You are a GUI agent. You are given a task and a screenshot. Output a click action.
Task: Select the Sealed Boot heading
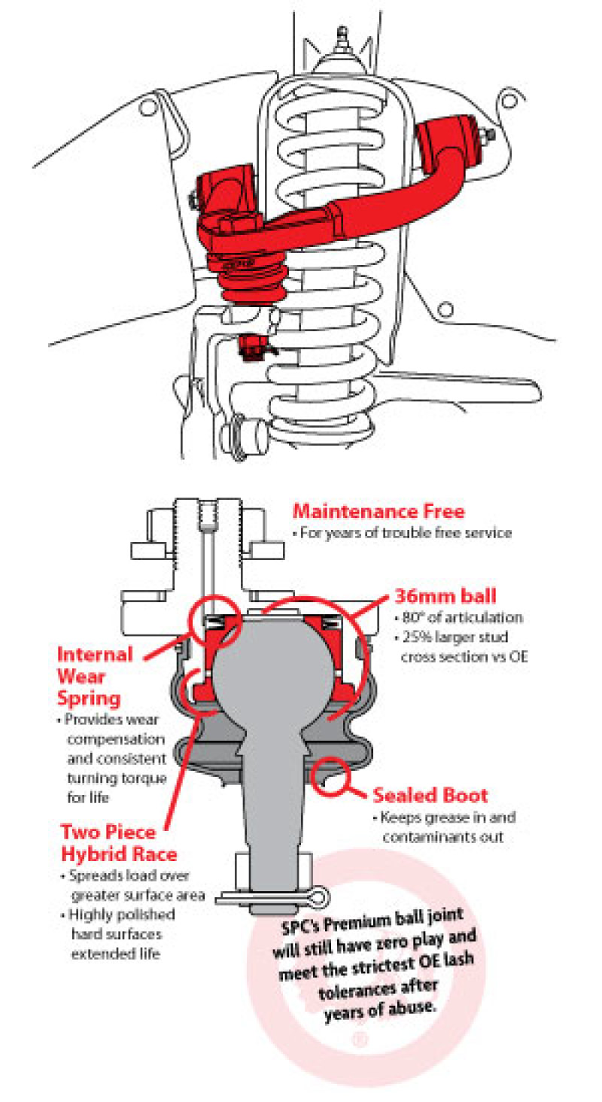[430, 795]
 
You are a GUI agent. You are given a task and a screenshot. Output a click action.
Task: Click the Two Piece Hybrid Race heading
[119, 843]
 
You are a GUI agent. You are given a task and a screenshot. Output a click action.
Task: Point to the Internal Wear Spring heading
[95, 677]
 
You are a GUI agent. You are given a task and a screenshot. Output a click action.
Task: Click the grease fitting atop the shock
[343, 36]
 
